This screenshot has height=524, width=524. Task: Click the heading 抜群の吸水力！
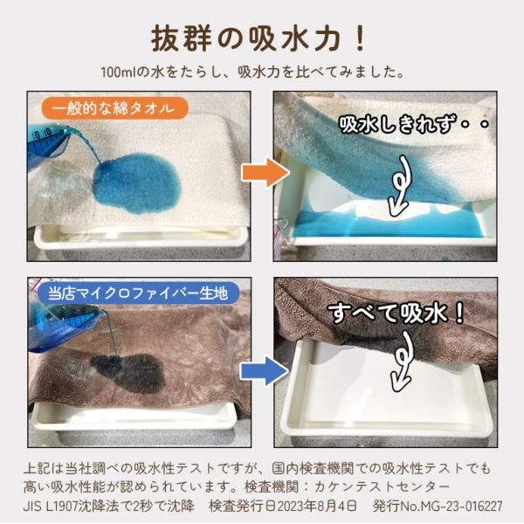pyautogui.click(x=259, y=39)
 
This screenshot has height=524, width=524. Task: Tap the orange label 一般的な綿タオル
pyautogui.click(x=115, y=108)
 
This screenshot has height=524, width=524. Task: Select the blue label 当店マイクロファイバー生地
pyautogui.click(x=138, y=293)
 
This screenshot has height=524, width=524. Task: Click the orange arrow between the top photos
pyautogui.click(x=265, y=172)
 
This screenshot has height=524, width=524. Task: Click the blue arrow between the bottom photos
pyautogui.click(x=265, y=371)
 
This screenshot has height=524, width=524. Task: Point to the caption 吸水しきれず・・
pyautogui.click(x=414, y=125)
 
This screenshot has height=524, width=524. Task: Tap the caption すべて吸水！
pyautogui.click(x=396, y=314)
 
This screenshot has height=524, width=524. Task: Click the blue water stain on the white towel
pyautogui.click(x=137, y=183)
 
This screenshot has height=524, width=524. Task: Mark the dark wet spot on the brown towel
pyautogui.click(x=128, y=373)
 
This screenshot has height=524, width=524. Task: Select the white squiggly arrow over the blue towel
pyautogui.click(x=399, y=187)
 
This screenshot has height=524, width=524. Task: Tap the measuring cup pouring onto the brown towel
pyautogui.click(x=64, y=326)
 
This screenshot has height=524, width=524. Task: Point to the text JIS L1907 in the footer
pyautogui.click(x=51, y=506)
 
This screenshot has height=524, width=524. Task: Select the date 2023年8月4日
pyautogui.click(x=317, y=506)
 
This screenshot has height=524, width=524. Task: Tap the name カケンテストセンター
pyautogui.click(x=382, y=487)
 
